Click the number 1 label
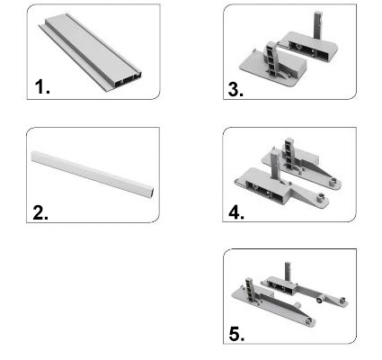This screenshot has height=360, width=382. point(42,87)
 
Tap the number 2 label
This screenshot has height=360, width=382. point(40,212)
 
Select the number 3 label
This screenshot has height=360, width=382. point(235,89)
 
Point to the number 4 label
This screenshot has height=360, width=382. point(236,212)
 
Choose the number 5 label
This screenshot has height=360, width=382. point(236,334)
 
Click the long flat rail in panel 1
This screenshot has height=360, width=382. point(90,51)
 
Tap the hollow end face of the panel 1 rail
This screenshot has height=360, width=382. point(127,80)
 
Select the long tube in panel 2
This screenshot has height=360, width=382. point(93,174)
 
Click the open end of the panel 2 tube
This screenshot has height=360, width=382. point(152,193)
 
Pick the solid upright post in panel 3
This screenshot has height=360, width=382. point(318,25)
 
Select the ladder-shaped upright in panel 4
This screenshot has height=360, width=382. point(289,154)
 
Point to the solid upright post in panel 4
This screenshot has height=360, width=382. point(275,165)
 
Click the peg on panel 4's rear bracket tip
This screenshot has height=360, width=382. point(333,181)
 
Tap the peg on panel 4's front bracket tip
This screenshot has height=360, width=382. point(320,198)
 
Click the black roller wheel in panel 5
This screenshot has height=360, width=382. point(319,300)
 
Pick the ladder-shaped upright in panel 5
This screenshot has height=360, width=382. point(250,290)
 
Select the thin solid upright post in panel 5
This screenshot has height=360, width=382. point(288,272)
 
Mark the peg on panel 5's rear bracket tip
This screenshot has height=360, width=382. point(342,300)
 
